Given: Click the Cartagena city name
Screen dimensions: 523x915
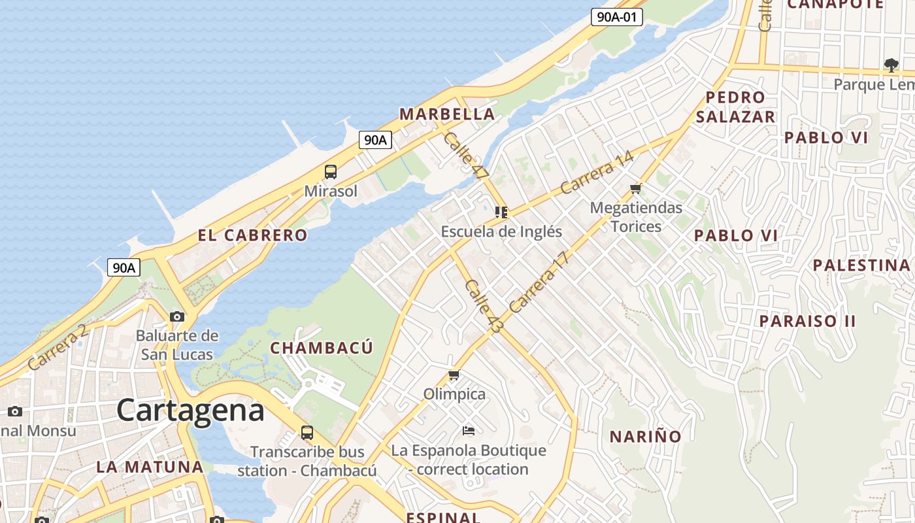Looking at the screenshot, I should coord(191,411).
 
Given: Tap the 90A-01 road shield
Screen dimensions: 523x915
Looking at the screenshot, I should coord(616,17).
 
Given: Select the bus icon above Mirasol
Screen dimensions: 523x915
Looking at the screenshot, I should coord(331,172).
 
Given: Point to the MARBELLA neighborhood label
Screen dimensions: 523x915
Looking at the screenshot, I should coord(447,114).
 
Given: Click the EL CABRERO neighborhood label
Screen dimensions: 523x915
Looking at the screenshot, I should coord(252,235).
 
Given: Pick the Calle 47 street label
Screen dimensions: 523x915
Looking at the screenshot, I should coord(466,156).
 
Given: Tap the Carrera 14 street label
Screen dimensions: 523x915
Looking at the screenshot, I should coord(597,173).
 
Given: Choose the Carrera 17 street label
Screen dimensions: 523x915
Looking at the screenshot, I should coord(539,282).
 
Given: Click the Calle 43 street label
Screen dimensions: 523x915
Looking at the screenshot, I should coord(484,306).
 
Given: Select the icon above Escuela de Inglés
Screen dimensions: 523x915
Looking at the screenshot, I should coord(501,212).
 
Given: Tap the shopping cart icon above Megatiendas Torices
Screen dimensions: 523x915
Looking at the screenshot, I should coord(635,189).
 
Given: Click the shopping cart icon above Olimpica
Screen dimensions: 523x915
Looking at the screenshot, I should coord(454,375).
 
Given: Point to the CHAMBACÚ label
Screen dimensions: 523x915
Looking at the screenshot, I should coord(322,348).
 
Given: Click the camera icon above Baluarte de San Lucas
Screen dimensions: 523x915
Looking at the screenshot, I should coord(176,316).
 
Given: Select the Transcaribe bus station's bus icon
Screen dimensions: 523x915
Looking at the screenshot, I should coord(307,432).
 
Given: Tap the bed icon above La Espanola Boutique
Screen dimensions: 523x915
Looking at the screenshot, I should coord(468,430).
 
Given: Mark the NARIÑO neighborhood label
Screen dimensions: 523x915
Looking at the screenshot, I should coord(646,437).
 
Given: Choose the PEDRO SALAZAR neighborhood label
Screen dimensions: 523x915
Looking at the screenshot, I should coord(735,107).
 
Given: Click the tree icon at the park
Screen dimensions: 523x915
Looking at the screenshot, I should coord(891,64).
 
